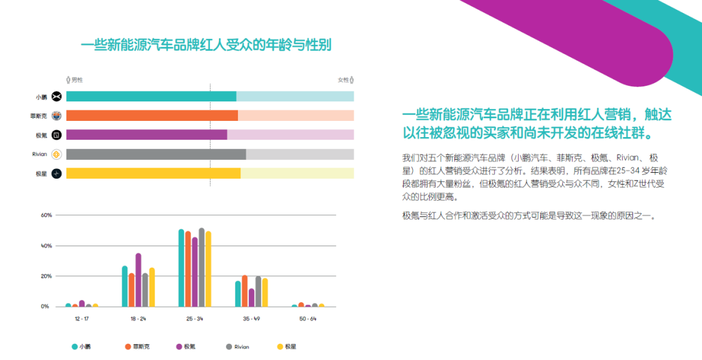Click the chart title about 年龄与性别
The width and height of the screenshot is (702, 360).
coord(206,45)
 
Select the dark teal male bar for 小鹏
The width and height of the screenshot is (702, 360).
coord(151,96)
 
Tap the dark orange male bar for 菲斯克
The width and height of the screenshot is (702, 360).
coord(152,116)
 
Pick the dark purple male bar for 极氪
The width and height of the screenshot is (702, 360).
coord(147,135)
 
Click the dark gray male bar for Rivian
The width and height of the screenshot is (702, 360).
coord(156,155)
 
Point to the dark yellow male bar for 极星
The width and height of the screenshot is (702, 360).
coord(153,174)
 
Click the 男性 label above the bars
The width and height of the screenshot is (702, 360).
coord(75,80)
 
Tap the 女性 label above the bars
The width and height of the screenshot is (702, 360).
coord(346,80)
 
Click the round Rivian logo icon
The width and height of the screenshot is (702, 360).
coord(57,155)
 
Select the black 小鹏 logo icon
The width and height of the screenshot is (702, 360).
coord(57,96)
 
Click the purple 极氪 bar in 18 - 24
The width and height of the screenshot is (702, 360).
coord(138,280)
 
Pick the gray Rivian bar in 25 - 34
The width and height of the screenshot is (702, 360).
coord(201,268)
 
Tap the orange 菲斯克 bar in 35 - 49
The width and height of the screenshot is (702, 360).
coord(244,291)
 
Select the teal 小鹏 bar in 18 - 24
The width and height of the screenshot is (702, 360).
coord(125,287)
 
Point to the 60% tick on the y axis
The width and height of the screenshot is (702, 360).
coord(47,215)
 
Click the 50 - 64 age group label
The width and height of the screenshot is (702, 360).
coord(307,319)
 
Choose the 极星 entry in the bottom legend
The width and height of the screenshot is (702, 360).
coord(287,346)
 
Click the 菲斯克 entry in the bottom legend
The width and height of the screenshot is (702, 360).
coord(137,346)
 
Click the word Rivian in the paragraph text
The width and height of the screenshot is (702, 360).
coord(629,158)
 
